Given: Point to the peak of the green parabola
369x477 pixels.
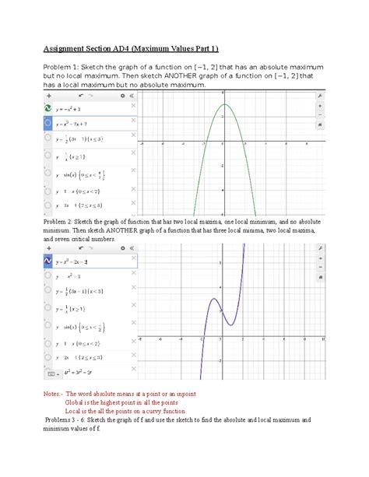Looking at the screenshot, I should tap(224, 104).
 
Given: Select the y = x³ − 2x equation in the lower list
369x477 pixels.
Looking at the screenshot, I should tap(78, 261).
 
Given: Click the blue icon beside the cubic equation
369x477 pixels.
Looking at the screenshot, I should tap(48, 261).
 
